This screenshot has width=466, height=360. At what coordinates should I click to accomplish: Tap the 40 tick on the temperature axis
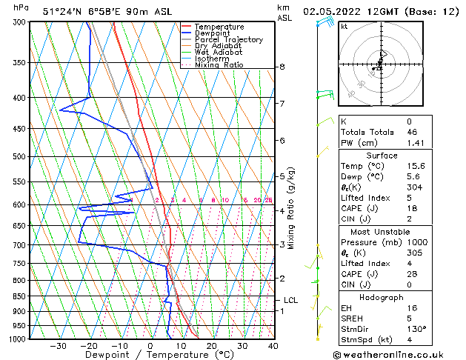(273, 346)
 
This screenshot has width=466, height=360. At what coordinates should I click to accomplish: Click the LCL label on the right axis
(290, 300)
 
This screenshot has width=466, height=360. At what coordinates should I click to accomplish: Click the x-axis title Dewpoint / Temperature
(150, 355)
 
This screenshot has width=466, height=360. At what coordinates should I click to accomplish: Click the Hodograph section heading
(382, 296)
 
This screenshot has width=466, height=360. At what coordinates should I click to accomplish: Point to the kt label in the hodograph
(344, 26)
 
